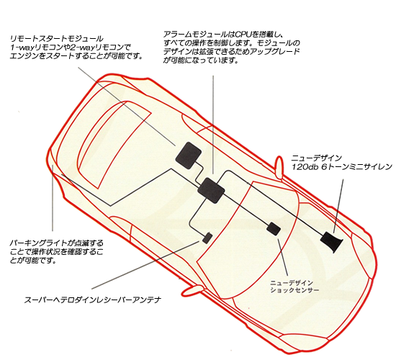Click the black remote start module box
(x=189, y=155)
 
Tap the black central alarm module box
(x=211, y=191)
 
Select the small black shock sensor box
(x=274, y=228)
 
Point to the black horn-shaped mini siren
(x=331, y=241)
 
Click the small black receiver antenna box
(x=207, y=238)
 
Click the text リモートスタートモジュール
(x=57, y=39)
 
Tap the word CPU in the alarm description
(x=243, y=34)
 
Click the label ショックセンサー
(x=294, y=289)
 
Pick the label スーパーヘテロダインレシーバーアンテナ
(x=92, y=300)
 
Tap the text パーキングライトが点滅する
(x=57, y=243)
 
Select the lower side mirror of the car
(x=192, y=290)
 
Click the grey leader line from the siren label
(x=338, y=206)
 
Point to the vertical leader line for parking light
(x=53, y=198)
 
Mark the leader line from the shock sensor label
(x=283, y=256)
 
